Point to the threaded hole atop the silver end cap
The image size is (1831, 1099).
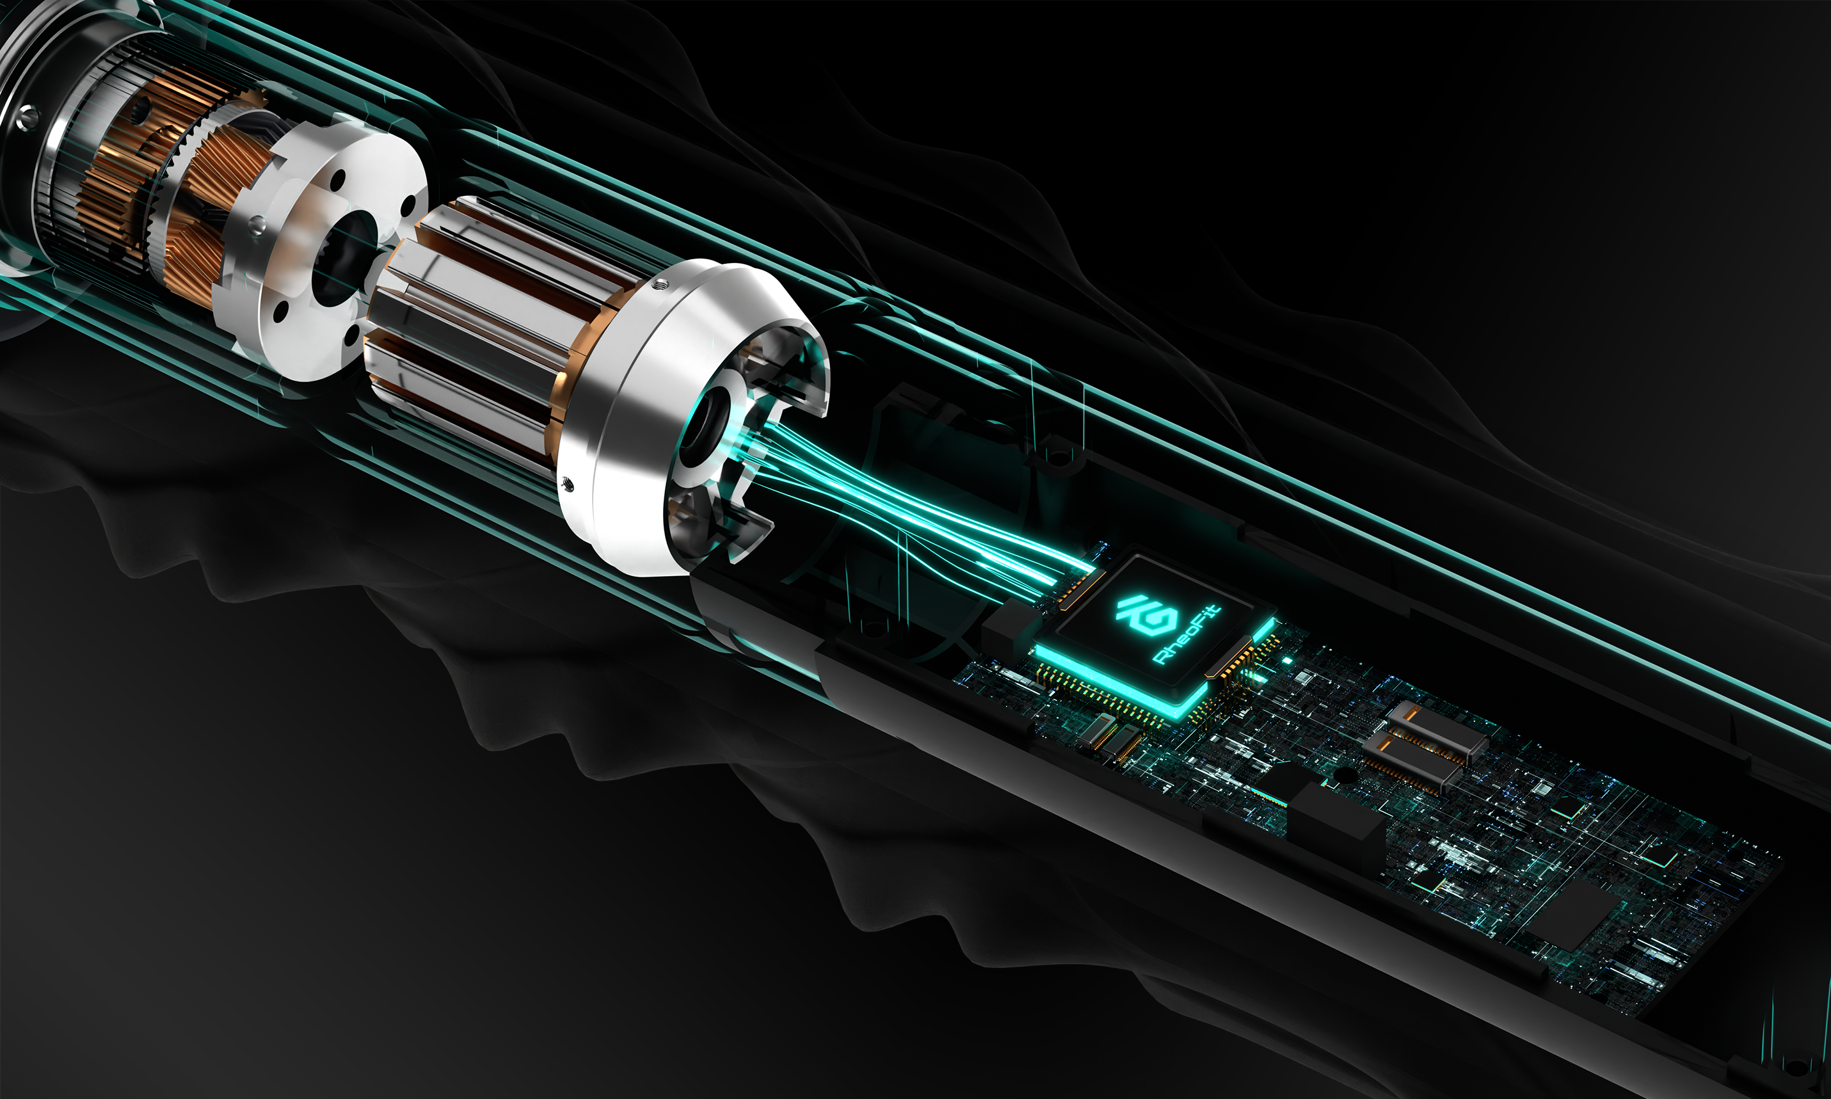pos(660,283)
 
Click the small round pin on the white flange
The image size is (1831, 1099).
pos(256,223)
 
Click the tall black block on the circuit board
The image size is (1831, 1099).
pos(1336,822)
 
